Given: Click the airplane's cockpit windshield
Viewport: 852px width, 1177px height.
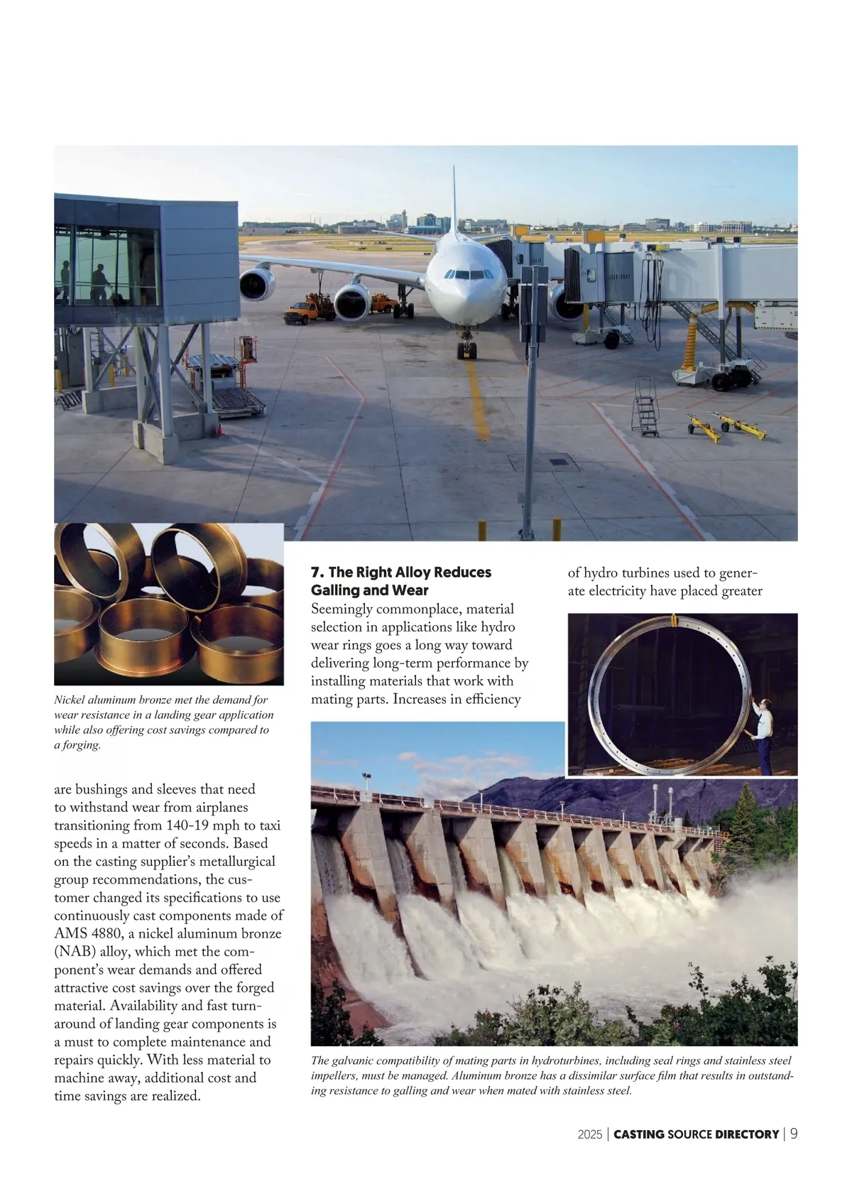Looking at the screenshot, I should click(x=460, y=273).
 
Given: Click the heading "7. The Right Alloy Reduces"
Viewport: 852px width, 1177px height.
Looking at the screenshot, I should click(x=401, y=572).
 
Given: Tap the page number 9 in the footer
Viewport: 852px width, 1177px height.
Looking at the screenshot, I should click(x=794, y=1134).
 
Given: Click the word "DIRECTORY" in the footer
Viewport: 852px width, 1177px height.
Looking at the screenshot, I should click(x=747, y=1134).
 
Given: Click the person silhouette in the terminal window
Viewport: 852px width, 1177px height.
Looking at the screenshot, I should click(x=100, y=283).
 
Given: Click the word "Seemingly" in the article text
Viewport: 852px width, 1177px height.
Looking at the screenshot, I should click(x=342, y=609).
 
